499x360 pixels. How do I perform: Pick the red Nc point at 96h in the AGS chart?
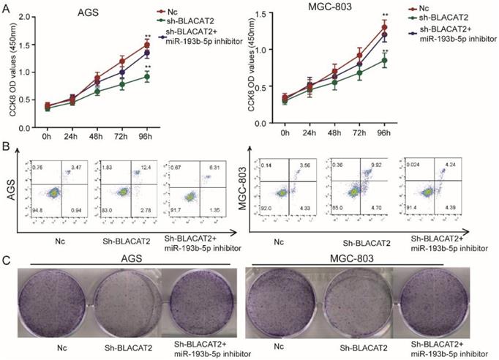tap(148, 45)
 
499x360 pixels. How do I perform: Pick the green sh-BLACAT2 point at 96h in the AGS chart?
tap(148, 76)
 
